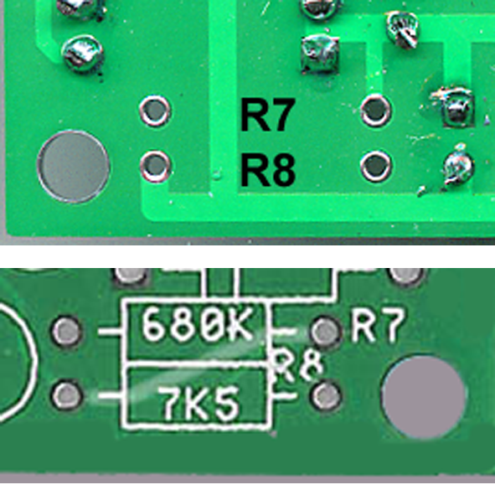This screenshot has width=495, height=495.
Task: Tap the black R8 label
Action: click(x=268, y=169)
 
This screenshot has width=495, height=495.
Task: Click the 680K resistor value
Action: click(x=198, y=325)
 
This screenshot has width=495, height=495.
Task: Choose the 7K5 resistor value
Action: click(x=199, y=404)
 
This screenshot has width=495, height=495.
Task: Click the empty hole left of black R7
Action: click(x=155, y=111)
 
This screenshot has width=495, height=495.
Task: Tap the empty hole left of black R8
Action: click(x=156, y=166)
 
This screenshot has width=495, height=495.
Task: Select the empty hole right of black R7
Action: click(x=376, y=111)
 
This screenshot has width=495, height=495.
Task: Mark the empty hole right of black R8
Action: click(x=376, y=167)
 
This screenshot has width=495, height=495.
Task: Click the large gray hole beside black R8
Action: click(x=74, y=167)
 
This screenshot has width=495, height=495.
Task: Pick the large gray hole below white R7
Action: click(x=424, y=396)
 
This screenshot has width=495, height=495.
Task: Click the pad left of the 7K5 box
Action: click(x=67, y=395)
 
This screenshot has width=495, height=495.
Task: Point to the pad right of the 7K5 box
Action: click(x=327, y=396)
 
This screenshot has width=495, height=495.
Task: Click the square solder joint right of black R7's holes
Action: click(x=456, y=107)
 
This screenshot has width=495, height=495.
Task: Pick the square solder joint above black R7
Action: click(x=319, y=54)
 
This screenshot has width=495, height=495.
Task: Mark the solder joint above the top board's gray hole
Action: click(x=83, y=54)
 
